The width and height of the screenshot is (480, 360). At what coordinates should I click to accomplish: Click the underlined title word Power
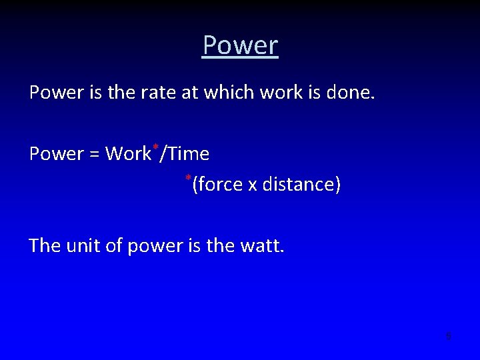240,46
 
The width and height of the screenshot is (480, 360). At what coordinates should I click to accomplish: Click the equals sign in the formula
92,155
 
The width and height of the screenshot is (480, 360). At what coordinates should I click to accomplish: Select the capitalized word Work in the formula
128,155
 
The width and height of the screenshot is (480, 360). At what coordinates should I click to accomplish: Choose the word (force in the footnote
217,185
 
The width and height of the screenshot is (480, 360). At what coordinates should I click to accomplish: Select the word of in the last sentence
115,246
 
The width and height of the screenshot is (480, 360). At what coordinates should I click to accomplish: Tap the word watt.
264,246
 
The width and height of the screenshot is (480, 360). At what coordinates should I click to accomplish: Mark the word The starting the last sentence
45,246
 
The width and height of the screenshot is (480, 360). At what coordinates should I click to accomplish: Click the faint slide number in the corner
449,336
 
